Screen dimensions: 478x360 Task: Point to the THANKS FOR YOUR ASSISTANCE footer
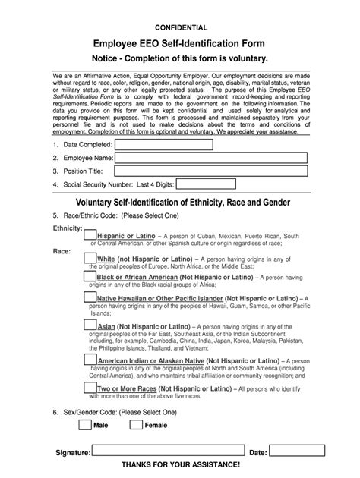click(180, 464)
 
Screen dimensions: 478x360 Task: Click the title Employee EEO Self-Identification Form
click(180, 47)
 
